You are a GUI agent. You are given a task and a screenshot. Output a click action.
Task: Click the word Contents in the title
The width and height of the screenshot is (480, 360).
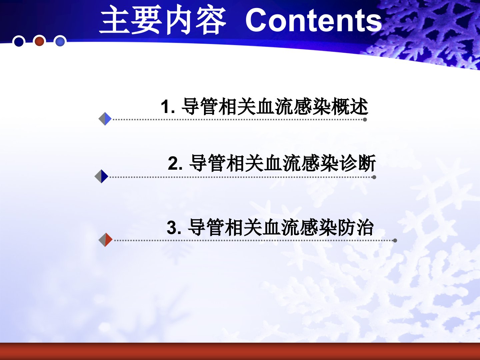pos(314,20)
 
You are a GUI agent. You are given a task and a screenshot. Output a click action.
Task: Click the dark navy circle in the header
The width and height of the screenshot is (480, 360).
pos(19,42)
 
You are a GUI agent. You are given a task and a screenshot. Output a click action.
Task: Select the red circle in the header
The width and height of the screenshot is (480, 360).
pos(39,41)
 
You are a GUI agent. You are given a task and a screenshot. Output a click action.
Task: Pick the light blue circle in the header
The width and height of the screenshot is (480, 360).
pos(60,41)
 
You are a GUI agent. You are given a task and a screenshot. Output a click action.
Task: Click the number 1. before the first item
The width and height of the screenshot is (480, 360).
pos(168,107)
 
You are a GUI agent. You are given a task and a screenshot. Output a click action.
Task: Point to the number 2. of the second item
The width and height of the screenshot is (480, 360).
pos(175,163)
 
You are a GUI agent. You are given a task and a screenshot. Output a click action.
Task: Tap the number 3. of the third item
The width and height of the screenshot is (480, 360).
pos(174,228)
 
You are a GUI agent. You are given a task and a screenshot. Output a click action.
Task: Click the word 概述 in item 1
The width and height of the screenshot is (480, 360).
pos(350,106)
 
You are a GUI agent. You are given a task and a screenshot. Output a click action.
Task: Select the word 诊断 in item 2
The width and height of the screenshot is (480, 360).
pos(357,163)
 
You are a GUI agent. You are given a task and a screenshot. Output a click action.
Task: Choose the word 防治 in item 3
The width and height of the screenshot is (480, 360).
pos(356,227)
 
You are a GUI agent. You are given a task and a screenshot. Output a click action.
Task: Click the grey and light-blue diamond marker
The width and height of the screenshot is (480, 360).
pos(105,119)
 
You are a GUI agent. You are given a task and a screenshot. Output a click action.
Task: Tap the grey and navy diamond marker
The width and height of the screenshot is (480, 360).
pos(101,176)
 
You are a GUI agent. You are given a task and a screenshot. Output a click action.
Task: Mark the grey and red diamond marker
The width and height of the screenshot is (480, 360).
pos(106,240)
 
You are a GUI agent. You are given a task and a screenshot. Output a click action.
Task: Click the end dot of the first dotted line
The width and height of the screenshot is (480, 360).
pos(365,120)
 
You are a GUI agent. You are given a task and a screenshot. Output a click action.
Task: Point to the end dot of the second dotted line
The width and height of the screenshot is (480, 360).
pos(374,177)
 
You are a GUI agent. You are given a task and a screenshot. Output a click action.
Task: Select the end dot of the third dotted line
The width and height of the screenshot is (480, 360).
pos(395,240)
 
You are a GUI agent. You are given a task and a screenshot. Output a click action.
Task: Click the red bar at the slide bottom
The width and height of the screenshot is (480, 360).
pos(240,351)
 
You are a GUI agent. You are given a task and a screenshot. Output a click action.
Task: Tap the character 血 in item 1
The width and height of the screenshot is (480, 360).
pos(265,106)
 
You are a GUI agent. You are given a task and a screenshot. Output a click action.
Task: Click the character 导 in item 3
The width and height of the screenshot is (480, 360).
pos(197,227)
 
